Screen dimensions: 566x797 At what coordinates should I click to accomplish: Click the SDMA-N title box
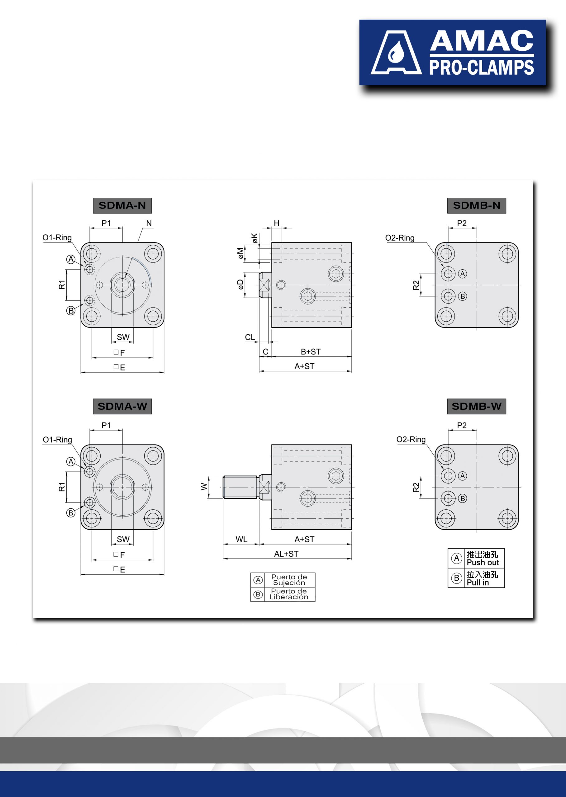pos(122,205)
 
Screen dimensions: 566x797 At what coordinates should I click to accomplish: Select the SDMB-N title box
pos(476,205)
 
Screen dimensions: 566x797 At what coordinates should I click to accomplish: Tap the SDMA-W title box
pos(122,407)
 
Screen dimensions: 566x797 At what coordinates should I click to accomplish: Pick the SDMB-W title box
pos(476,407)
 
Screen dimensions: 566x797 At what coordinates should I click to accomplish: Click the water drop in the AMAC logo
pos(395,53)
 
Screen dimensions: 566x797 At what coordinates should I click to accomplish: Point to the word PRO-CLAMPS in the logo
pos(481,67)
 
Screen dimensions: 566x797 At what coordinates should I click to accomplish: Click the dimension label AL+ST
pos(286,554)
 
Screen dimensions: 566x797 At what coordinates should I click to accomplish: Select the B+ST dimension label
pos(311,352)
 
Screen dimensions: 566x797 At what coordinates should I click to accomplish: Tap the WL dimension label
pos(241,539)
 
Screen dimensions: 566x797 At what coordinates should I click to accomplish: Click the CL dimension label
pos(250,337)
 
